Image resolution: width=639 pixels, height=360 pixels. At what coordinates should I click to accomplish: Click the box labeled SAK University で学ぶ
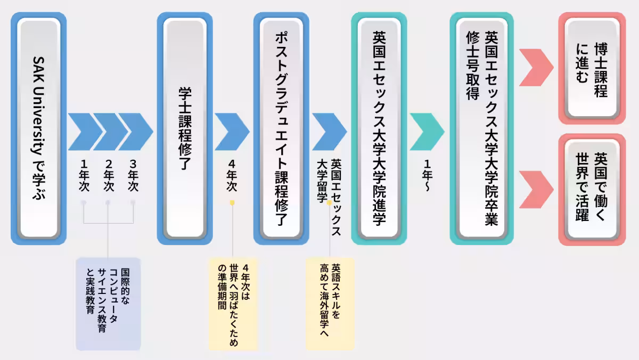pyautogui.click(x=38, y=128)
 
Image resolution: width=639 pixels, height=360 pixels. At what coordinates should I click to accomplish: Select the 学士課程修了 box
pyautogui.click(x=185, y=128)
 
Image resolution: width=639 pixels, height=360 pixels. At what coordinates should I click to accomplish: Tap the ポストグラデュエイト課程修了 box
pyautogui.click(x=281, y=128)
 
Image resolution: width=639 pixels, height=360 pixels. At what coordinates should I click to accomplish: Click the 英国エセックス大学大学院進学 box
pyautogui.click(x=379, y=128)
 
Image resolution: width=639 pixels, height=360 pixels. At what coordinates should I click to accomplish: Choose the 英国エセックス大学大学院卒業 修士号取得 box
pyautogui.click(x=482, y=128)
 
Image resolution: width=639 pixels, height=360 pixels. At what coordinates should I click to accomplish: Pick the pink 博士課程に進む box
pyautogui.click(x=592, y=68)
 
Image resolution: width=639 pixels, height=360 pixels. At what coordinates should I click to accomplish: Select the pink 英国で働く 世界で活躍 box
pyautogui.click(x=592, y=189)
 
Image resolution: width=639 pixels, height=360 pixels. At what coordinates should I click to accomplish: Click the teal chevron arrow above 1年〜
pyautogui.click(x=427, y=132)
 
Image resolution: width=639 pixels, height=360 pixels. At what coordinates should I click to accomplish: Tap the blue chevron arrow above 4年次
pyautogui.click(x=232, y=132)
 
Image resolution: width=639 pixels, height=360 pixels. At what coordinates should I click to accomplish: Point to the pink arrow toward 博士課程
pyautogui.click(x=536, y=68)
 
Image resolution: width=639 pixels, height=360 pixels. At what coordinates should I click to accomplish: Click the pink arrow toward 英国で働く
pyautogui.click(x=536, y=190)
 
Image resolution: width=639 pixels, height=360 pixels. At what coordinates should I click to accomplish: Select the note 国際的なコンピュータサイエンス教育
pyautogui.click(x=108, y=304)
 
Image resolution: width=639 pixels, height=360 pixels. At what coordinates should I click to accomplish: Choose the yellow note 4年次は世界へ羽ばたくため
pyautogui.click(x=233, y=304)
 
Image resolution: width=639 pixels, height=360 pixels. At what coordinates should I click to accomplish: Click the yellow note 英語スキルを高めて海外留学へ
pyautogui.click(x=330, y=304)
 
